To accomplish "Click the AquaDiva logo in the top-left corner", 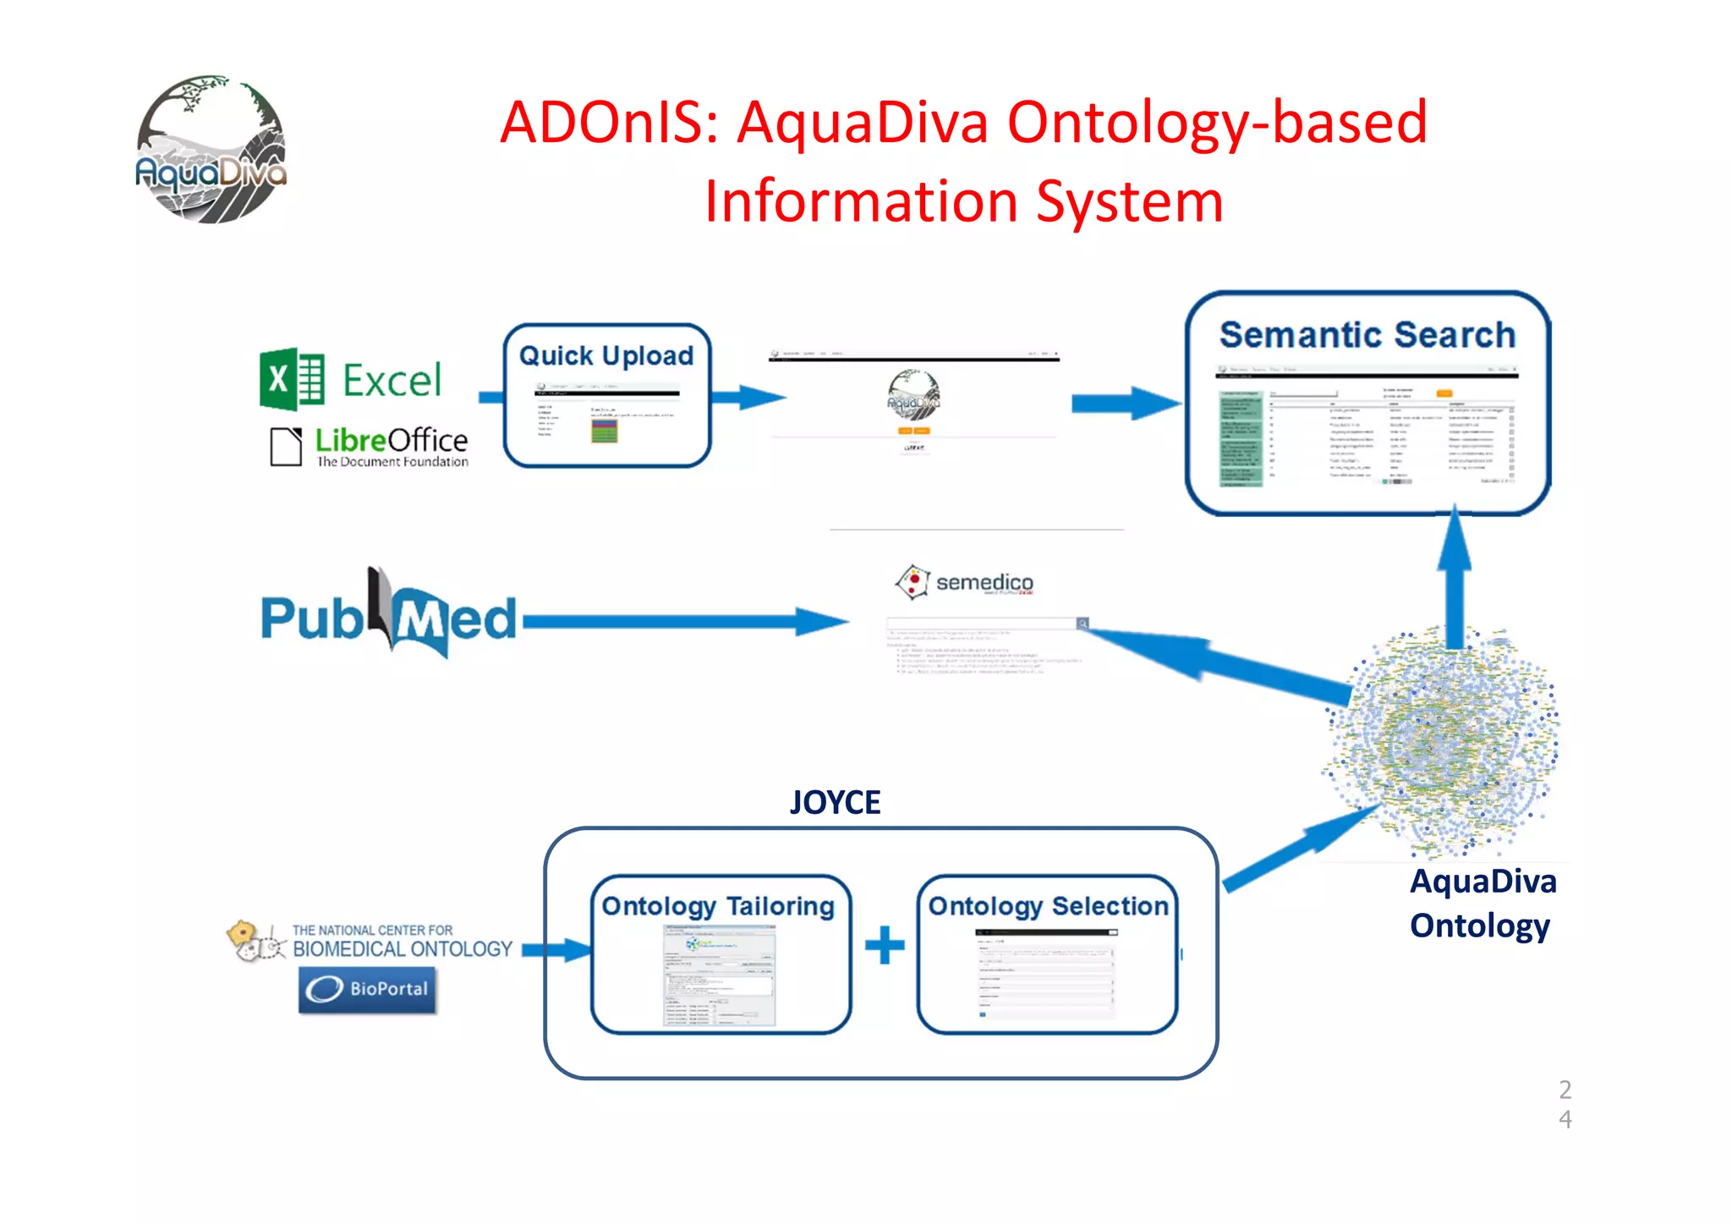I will (211, 151).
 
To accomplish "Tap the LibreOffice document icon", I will (286, 446).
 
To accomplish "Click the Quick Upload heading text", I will (606, 355).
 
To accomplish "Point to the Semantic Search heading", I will (1367, 335).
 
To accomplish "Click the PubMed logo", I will (387, 616).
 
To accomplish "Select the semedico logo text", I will (984, 582).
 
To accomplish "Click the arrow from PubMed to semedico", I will (685, 622).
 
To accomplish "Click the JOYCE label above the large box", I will (835, 802).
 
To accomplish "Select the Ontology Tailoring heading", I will (718, 906).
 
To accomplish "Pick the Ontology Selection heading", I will (1048, 906).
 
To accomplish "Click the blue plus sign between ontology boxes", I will (885, 945).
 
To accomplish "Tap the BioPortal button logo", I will (368, 988).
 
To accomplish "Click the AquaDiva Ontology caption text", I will (1482, 904).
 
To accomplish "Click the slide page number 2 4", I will (1565, 1103).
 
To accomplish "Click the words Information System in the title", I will (963, 201).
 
